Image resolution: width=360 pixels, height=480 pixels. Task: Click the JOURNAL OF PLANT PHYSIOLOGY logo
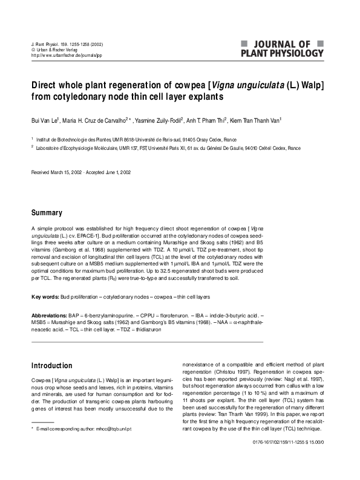pos(282,48)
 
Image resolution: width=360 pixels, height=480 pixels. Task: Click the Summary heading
pos(47,213)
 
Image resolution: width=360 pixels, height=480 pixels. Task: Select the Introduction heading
pos(51,366)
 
